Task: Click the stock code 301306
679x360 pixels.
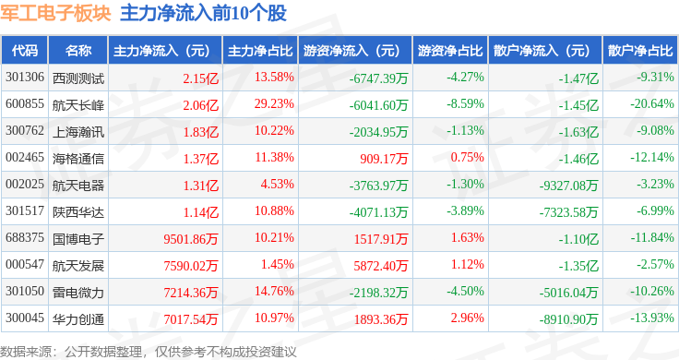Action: (x=25, y=78)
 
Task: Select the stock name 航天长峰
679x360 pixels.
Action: (x=78, y=105)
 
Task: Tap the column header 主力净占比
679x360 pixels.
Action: (x=260, y=51)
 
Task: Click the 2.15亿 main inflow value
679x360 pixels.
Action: (x=201, y=78)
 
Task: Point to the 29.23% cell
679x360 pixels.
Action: (x=274, y=104)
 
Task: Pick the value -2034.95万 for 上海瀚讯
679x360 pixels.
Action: (x=379, y=132)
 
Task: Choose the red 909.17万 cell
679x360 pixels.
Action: (x=384, y=159)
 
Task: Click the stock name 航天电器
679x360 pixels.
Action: (x=78, y=186)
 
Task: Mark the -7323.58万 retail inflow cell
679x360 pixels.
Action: (x=568, y=212)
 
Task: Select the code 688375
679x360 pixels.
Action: (x=25, y=238)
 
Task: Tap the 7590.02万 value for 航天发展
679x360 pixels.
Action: (x=191, y=266)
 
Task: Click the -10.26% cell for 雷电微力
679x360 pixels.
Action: (x=651, y=291)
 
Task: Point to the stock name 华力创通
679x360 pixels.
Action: (x=78, y=319)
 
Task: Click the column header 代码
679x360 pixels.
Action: (x=25, y=51)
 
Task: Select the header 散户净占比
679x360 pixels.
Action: (x=640, y=51)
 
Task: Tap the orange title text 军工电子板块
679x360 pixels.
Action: (x=56, y=13)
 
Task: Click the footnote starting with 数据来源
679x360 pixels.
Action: (x=149, y=352)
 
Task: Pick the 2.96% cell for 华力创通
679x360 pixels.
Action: (x=467, y=318)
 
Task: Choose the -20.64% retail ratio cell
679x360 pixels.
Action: (x=651, y=104)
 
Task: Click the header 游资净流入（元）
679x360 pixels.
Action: (x=351, y=51)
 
